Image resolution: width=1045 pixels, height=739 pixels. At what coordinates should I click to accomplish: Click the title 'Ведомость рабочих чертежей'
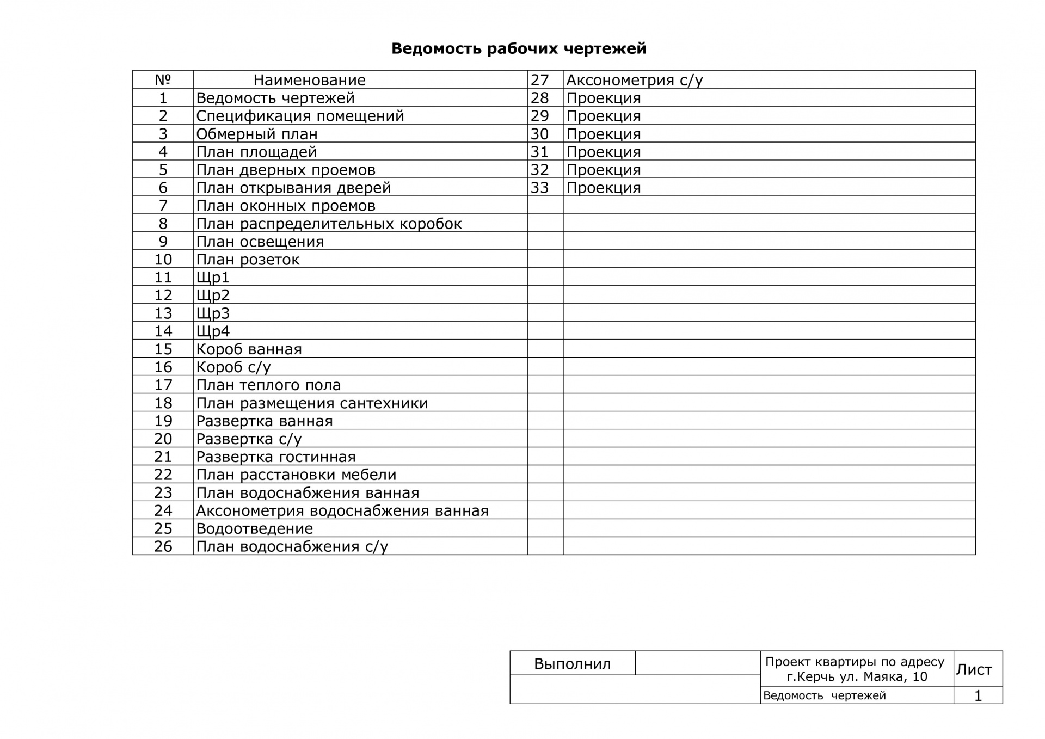[519, 48]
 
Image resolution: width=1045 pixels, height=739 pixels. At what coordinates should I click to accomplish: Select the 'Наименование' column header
[309, 80]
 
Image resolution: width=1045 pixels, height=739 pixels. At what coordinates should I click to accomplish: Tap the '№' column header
[163, 80]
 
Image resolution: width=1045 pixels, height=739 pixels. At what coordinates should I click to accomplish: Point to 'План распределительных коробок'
[329, 224]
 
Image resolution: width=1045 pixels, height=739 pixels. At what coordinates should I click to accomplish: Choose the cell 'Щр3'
[213, 313]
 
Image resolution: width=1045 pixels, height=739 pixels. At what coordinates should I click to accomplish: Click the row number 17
[163, 385]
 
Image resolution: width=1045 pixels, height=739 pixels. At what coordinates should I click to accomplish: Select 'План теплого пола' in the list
[268, 385]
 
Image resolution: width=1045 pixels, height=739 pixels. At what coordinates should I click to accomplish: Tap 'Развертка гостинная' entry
[275, 457]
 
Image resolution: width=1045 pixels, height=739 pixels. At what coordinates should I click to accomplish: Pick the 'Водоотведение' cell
[254, 529]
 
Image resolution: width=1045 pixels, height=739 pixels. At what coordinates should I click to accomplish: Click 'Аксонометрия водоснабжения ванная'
[342, 511]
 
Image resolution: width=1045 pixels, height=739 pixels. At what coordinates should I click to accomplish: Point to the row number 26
[163, 547]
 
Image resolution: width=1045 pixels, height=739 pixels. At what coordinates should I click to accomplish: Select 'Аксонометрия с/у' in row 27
[635, 80]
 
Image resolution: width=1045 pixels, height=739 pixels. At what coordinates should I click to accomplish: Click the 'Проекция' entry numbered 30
[604, 134]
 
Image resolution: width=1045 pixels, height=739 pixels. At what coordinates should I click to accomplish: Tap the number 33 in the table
[539, 188]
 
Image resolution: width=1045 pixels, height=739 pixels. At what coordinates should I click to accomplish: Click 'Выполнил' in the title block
[572, 664]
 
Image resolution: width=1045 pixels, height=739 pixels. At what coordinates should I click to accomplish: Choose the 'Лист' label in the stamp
[974, 669]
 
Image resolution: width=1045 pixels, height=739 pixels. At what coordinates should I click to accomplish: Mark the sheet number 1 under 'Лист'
[978, 696]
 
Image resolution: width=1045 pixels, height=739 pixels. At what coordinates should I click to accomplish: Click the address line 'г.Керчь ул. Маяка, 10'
[857, 677]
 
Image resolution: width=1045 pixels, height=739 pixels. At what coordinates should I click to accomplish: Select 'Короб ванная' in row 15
[249, 349]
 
